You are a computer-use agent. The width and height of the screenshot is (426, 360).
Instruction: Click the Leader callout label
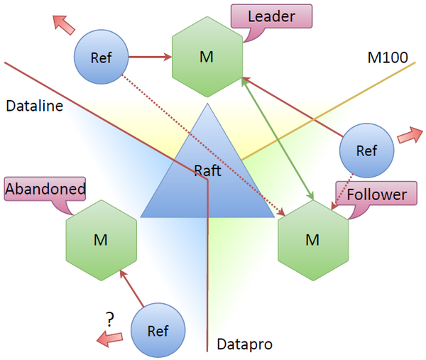pos(271,16)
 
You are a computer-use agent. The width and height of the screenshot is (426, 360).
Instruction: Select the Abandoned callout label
pos(45,189)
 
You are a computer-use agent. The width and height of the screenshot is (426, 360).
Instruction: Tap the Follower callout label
pos(376,193)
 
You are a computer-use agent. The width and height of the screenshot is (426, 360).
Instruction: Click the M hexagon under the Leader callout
pos(207,57)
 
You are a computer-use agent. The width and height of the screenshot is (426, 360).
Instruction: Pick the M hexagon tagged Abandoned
pos(101,240)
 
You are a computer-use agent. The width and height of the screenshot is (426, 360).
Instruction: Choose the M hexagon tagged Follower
pos(313,240)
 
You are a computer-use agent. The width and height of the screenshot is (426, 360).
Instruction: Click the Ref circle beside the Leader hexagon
pos(101,57)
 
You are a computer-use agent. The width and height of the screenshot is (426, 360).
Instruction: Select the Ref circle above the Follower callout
pos(366,151)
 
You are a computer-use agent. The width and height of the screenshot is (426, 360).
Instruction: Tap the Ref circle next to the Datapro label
pos(158,330)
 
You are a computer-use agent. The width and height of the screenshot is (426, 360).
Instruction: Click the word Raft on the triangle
pos(208,170)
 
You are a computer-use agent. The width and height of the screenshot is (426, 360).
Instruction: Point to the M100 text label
pos(388,58)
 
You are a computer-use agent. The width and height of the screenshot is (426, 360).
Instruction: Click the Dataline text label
pos(35,106)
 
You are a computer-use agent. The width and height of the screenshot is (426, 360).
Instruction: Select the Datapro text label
pos(244,344)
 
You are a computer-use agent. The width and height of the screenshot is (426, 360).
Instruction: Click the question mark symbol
pos(110,320)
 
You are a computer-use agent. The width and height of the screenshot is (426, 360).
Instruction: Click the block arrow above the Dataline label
pos(64,25)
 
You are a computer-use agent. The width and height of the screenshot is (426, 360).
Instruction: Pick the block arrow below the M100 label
pos(410,135)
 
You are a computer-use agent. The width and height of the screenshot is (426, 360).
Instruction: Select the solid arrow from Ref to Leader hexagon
pos(151,57)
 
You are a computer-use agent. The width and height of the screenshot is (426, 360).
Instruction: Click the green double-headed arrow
pos(278,138)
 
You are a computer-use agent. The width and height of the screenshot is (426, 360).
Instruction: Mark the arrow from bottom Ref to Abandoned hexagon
pos(132,288)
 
